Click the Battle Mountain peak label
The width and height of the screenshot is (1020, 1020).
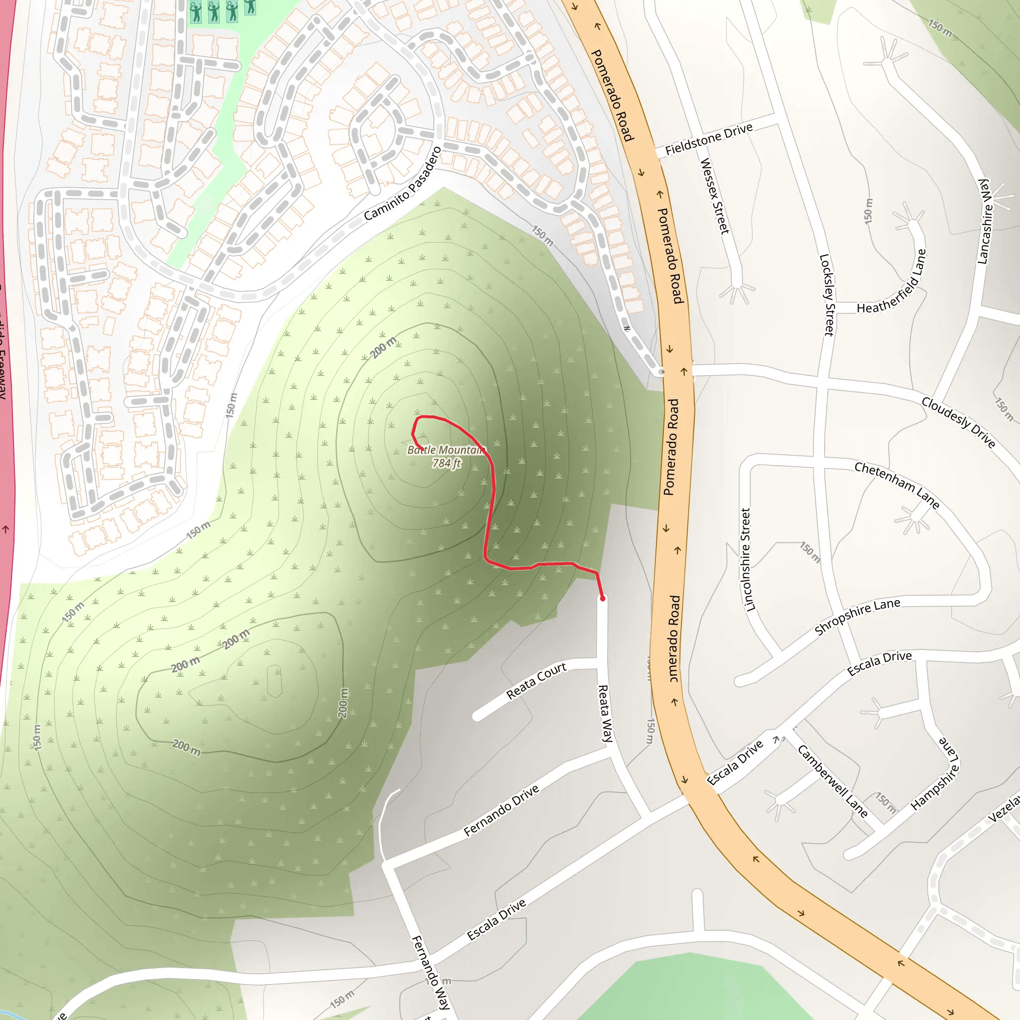pos(446,450)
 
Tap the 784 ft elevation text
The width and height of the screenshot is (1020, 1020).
pos(447,463)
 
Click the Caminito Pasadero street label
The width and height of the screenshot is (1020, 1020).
pos(402,184)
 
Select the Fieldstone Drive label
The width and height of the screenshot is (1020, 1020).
pos(709,139)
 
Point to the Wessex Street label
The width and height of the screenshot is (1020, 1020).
pos(714,196)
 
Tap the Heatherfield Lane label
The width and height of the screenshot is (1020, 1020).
pos(892,282)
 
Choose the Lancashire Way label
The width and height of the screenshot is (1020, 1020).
pos(985,221)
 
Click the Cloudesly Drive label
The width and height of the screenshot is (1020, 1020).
pos(958,422)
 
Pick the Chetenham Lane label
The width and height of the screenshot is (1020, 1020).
pos(897,485)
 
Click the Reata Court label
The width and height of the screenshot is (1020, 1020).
pos(536,680)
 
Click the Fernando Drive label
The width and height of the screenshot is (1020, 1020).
pos(501,810)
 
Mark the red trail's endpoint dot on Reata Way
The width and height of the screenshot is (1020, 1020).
pos(603,599)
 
